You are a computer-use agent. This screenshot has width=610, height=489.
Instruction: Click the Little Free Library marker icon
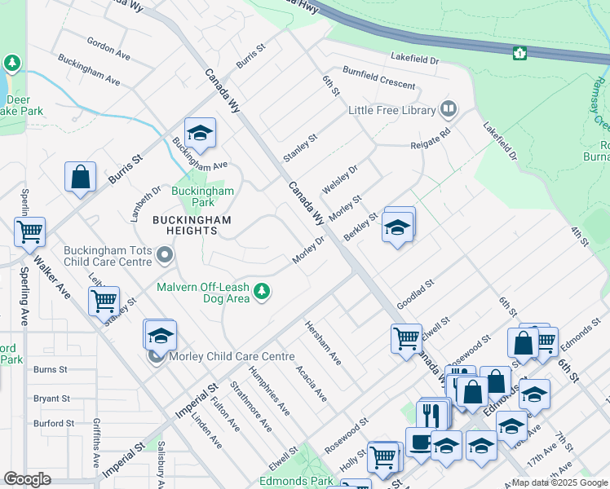tap(448, 109)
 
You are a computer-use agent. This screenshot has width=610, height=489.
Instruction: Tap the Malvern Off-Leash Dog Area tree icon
tap(262, 291)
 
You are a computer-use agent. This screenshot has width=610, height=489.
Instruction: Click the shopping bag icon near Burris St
tap(81, 177)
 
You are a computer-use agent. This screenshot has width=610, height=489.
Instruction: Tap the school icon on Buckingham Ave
tap(200, 133)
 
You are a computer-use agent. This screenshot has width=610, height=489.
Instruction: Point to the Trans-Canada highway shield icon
tap(519, 54)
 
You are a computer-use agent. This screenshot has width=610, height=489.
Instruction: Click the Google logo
tap(27, 479)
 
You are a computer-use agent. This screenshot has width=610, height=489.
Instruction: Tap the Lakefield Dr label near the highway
tap(414, 59)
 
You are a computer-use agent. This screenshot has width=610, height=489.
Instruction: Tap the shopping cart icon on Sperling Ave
tap(29, 231)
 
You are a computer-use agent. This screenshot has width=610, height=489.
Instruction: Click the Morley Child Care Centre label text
tap(231, 356)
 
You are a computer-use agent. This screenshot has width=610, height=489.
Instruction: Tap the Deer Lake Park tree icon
tap(12, 63)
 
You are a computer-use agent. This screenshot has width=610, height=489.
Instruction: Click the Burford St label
tap(54, 423)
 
